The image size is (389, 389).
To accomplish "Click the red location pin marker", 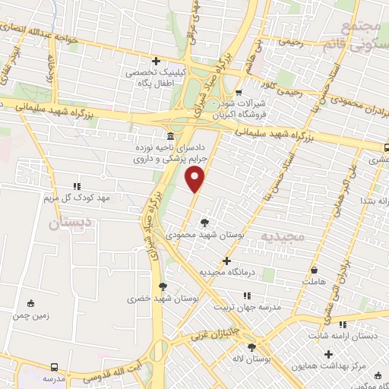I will pos(196,179).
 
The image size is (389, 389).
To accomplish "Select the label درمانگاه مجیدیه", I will pos(226,272).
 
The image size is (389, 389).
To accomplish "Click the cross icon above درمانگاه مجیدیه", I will pos(226,260).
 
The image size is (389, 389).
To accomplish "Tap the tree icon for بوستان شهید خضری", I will pos(163,286).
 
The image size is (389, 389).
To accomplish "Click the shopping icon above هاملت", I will pos(315,269).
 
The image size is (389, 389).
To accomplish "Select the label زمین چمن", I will pos(31,315).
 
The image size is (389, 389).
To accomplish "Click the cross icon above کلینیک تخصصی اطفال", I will pos(156,61).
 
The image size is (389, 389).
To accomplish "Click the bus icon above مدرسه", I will pos(54,365).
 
